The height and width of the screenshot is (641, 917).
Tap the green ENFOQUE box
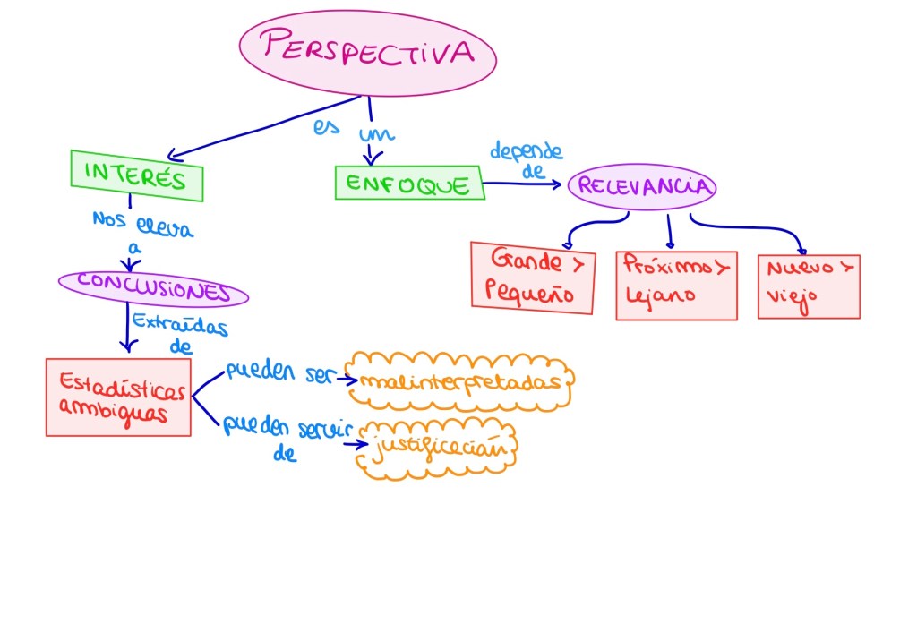click(408, 184)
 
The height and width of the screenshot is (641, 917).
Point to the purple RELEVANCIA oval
click(643, 186)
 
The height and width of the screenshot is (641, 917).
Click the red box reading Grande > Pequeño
click(533, 278)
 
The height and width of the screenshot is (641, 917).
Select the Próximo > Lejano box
click(676, 284)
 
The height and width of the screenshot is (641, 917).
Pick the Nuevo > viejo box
click(809, 286)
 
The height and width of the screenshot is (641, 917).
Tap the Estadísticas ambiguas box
click(118, 397)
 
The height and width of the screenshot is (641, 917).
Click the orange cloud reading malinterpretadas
click(461, 380)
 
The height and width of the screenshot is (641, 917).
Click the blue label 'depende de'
click(527, 158)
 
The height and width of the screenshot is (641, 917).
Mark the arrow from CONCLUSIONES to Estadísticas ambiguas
click(127, 327)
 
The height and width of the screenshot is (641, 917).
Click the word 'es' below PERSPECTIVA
click(326, 127)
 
